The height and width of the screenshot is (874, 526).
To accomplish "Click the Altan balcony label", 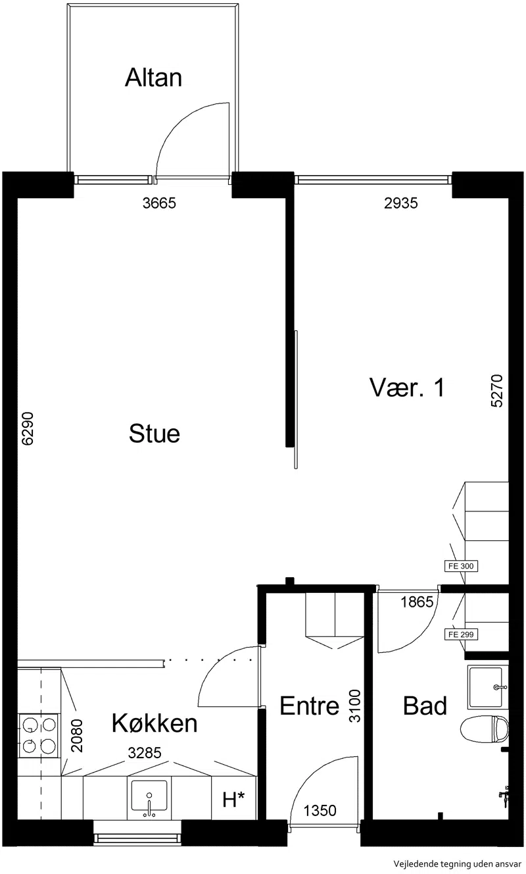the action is (154, 77).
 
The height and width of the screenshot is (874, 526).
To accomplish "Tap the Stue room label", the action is (155, 434).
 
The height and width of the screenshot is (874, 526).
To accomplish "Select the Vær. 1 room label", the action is (407, 388).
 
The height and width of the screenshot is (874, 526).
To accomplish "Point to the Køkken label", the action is (155, 723).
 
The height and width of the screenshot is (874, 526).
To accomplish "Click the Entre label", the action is (310, 706).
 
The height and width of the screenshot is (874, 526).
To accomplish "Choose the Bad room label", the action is (425, 706).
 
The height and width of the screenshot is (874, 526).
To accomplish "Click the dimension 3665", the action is (159, 203).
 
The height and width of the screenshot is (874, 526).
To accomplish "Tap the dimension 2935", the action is (401, 203).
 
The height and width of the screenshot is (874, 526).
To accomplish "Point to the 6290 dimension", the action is (28, 428).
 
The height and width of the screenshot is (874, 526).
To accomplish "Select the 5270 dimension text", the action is (497, 391).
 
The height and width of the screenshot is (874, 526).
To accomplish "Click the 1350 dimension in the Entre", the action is (320, 811).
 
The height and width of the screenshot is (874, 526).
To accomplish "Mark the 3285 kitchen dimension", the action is (145, 752).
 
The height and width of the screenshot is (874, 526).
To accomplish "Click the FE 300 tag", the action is (461, 566).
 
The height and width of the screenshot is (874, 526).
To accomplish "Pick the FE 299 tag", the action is (461, 634).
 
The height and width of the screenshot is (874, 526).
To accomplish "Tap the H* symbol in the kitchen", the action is (233, 800).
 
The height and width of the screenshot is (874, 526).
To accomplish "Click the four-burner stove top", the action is (39, 736).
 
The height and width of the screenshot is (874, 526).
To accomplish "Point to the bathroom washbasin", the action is (487, 686).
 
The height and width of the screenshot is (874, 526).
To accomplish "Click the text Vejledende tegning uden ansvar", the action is (458, 863).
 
